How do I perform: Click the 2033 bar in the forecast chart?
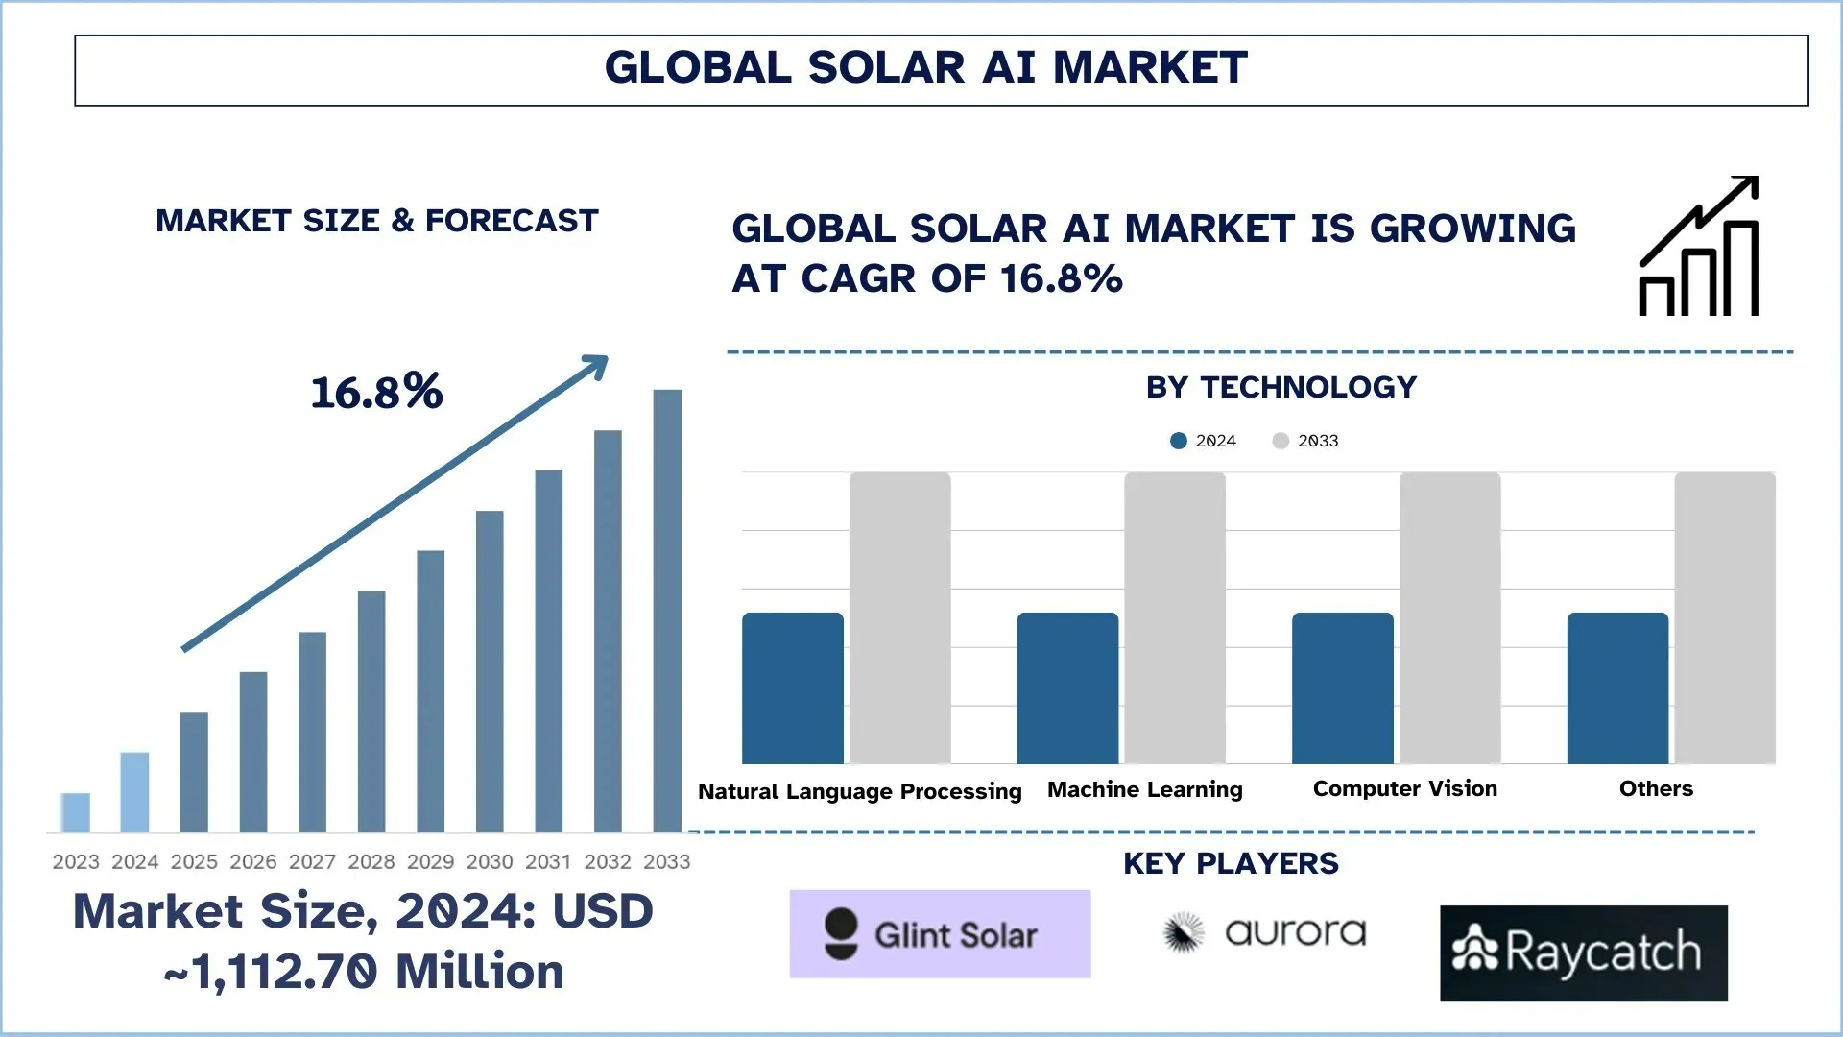coord(667,610)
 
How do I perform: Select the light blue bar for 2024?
coord(134,792)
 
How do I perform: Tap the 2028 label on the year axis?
coord(371,861)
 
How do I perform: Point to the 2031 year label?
coord(548,861)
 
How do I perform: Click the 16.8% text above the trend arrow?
coord(376,392)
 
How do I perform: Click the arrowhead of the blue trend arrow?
coord(597,366)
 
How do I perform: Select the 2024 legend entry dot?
coord(1179,441)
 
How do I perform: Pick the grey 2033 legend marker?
coord(1281,441)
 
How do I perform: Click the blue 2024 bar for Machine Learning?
coord(1067,687)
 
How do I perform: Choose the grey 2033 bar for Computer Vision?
coord(1449,617)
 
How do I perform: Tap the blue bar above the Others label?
coord(1617,687)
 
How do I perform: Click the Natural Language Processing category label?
coord(859,791)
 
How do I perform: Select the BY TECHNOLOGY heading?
coord(1281,387)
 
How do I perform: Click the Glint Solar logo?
coord(940,934)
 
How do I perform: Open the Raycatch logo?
coord(1583,953)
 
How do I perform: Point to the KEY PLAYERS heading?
coord(1231,863)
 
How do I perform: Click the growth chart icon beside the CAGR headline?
coord(1699,247)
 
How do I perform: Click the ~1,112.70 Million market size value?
coord(365,972)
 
